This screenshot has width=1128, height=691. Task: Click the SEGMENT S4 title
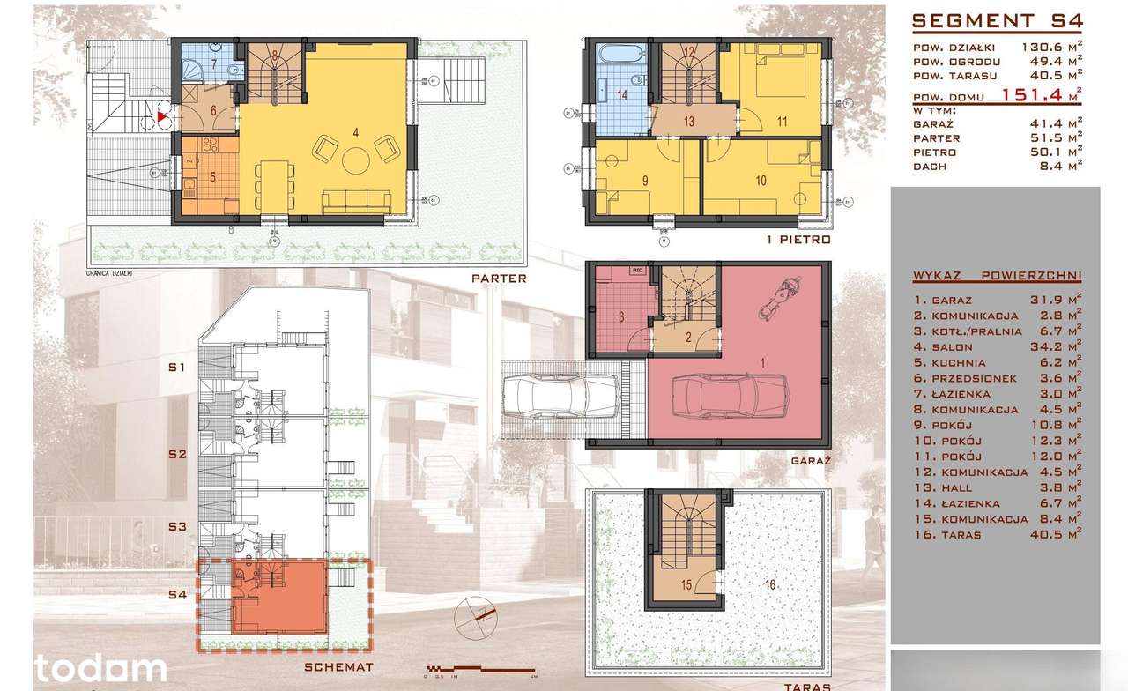997,21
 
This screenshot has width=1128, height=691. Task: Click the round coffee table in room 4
357,162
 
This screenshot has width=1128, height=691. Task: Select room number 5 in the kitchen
212,175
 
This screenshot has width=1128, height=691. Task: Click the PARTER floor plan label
498,279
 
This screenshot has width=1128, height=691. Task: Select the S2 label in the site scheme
177,455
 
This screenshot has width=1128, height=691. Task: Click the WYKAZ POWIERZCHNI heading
998,277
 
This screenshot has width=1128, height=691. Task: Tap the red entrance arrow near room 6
161,115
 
